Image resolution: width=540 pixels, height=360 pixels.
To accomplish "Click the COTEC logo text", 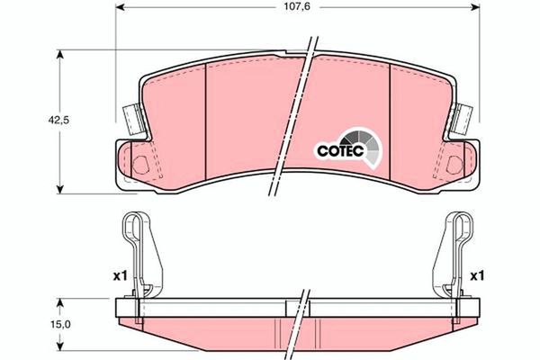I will tap(338, 151).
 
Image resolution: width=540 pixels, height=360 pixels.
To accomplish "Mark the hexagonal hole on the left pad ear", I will tap(139, 165).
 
